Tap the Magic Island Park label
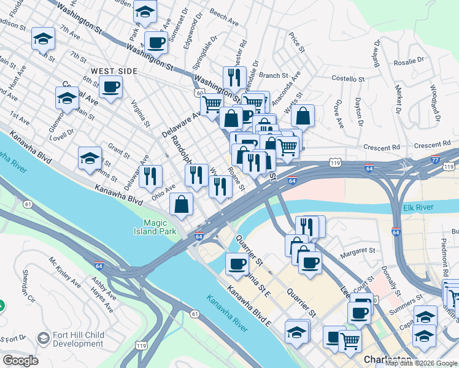[160, 227]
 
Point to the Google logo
[20, 361]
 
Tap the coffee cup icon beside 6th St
[111, 87]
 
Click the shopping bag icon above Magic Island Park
[182, 205]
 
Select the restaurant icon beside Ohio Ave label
[150, 177]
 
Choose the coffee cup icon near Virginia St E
[236, 264]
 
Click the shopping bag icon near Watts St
[303, 115]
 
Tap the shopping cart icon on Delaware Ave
[212, 105]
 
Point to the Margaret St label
[358, 250]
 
